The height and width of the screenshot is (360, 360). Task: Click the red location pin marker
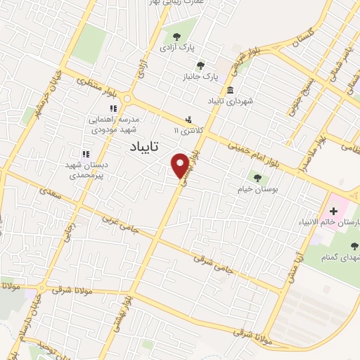181,165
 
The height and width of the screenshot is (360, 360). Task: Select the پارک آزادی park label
176,47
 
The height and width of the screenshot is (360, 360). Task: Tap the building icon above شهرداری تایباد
231,89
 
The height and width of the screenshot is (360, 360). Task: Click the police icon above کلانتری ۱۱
188,119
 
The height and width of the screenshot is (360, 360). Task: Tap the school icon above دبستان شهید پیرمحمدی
86,154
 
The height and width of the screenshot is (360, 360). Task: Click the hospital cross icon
333,210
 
